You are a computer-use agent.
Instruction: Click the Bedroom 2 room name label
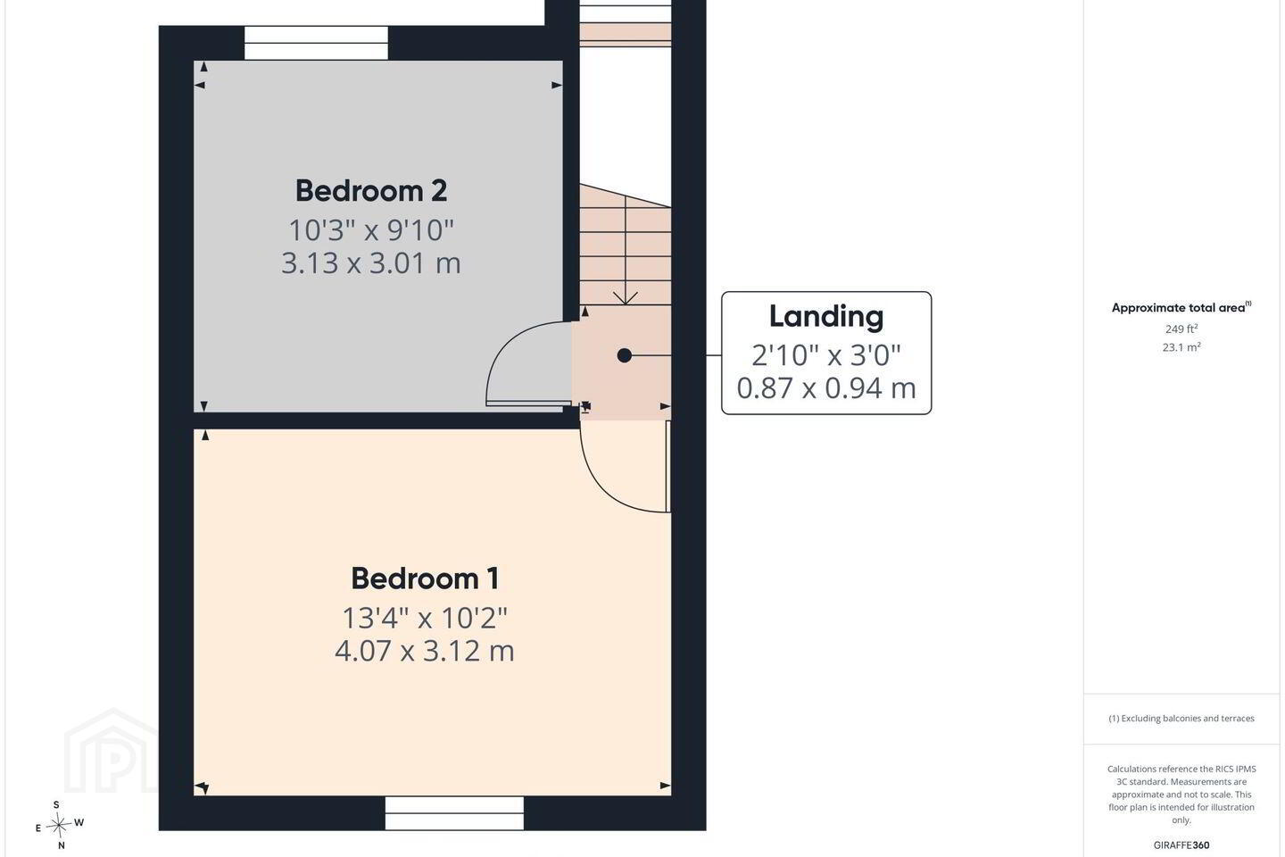click(x=371, y=190)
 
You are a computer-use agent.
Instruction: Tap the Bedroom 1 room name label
click(x=425, y=578)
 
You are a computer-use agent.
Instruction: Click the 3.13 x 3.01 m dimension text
click(x=371, y=262)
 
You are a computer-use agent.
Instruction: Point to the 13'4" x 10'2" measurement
click(x=425, y=619)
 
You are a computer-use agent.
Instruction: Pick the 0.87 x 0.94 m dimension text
click(x=826, y=388)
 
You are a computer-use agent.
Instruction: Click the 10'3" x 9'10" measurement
click(x=371, y=230)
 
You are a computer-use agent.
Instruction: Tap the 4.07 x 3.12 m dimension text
click(x=425, y=651)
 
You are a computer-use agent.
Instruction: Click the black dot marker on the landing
click(x=624, y=356)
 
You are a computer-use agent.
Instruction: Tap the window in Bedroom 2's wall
click(x=317, y=43)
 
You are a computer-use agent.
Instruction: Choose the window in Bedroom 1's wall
click(x=454, y=812)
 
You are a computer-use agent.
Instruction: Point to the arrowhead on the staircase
click(x=626, y=298)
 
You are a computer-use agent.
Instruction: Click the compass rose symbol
click(x=59, y=826)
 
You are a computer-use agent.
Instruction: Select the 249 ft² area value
click(x=1181, y=329)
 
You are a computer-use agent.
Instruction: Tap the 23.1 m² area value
click(x=1181, y=347)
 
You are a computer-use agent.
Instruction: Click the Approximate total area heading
click(x=1181, y=308)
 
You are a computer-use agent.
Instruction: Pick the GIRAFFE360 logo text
click(x=1181, y=845)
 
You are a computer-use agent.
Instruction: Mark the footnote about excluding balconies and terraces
click(x=1181, y=718)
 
